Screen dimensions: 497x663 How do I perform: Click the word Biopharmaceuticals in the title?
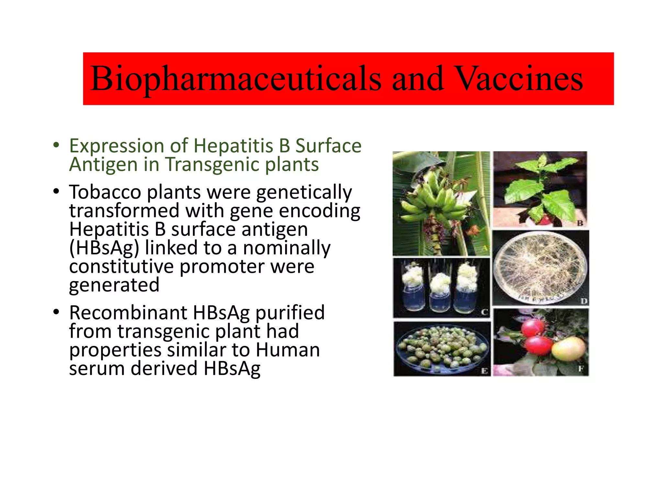(236, 79)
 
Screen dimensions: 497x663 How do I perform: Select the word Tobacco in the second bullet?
(105, 192)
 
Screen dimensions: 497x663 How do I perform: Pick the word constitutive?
(121, 267)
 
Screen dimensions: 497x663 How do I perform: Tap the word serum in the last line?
(97, 369)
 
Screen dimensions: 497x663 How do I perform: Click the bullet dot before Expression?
(56, 145)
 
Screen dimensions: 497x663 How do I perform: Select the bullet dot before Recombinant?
(56, 312)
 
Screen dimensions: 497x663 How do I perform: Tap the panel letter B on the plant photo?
(580, 223)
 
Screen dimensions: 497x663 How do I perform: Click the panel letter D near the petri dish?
(583, 301)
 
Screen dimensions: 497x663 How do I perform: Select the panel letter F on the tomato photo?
(581, 369)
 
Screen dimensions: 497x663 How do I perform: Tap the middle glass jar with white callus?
(440, 293)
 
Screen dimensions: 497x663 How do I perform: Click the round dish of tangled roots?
(540, 268)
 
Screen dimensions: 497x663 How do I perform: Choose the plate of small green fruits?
(442, 349)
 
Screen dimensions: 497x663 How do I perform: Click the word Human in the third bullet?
(287, 350)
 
